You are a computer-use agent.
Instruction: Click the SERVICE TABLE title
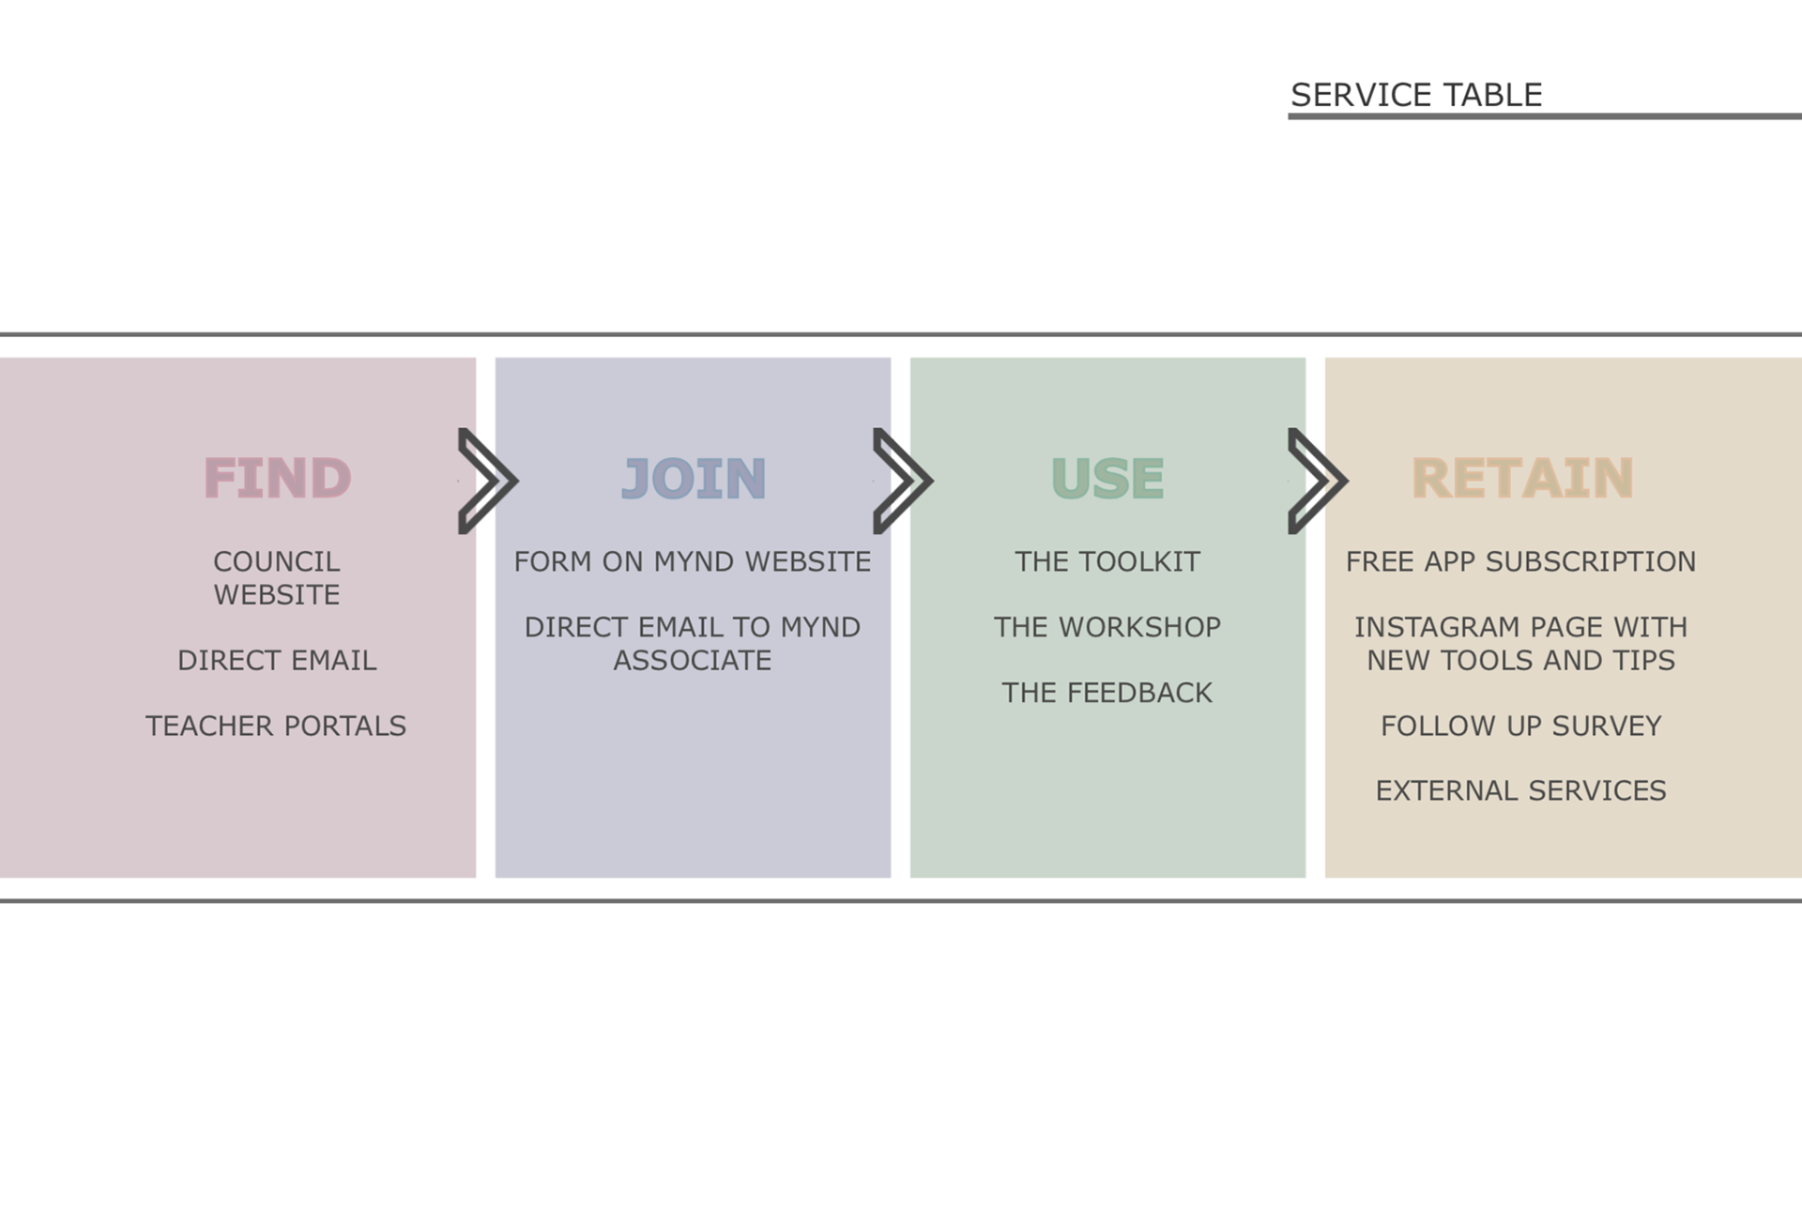[x=1415, y=95]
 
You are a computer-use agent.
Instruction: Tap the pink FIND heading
[x=277, y=478]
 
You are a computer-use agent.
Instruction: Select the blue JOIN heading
[x=694, y=478]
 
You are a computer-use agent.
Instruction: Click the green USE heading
[x=1107, y=478]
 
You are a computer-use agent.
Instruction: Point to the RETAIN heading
[x=1522, y=478]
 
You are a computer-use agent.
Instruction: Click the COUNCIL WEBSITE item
[x=277, y=578]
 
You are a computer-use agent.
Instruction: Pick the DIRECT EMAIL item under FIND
[x=277, y=661]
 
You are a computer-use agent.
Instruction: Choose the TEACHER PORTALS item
[x=276, y=726]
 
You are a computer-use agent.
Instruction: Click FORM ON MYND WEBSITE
[x=693, y=561]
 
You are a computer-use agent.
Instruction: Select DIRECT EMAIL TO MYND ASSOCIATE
[x=693, y=644]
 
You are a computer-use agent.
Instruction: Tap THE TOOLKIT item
[x=1107, y=561]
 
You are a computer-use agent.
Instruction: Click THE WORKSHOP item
[x=1107, y=627]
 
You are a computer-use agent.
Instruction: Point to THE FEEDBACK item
[x=1107, y=693]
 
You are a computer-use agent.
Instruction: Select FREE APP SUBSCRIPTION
[x=1521, y=561]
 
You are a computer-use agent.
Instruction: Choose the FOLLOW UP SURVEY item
[x=1521, y=726]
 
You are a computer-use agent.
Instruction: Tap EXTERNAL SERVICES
[x=1521, y=790]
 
